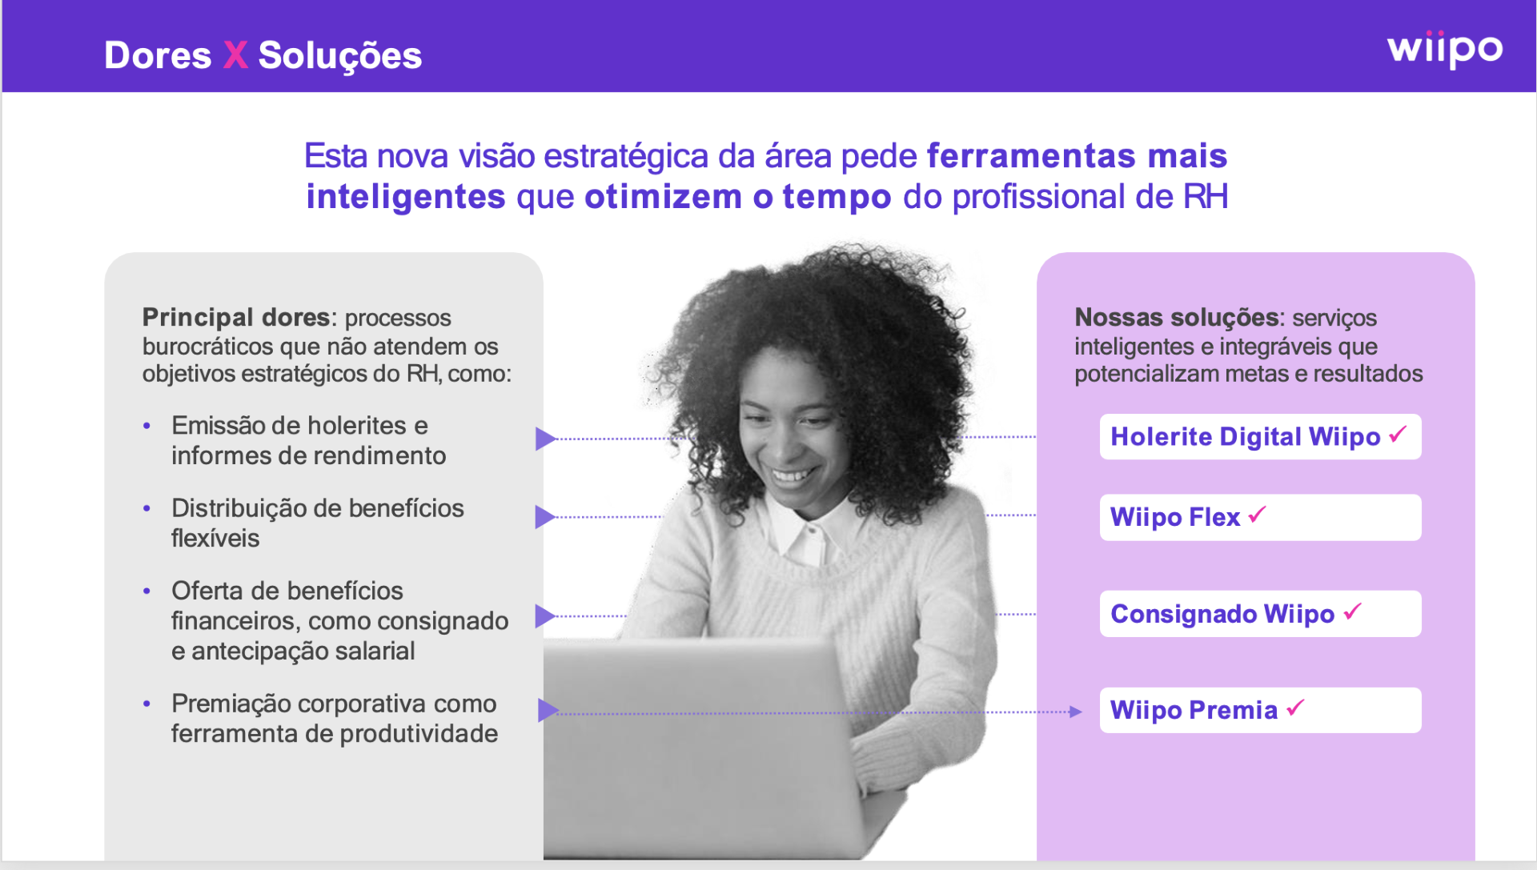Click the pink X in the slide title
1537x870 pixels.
pyautogui.click(x=235, y=55)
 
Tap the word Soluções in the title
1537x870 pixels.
pyautogui.click(x=340, y=56)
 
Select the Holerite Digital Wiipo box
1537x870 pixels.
pyautogui.click(x=1260, y=437)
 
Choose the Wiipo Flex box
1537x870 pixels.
pyautogui.click(x=1260, y=517)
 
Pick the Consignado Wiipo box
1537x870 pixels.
pyautogui.click(x=1260, y=614)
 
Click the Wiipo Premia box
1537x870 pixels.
pyautogui.click(x=1260, y=710)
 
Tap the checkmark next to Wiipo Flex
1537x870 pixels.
pyautogui.click(x=1257, y=515)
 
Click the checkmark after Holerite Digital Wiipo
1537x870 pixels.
pyautogui.click(x=1398, y=434)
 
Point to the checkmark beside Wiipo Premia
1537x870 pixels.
pyautogui.click(x=1295, y=708)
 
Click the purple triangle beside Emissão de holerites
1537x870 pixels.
pyautogui.click(x=545, y=439)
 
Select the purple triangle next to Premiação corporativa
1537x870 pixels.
pyautogui.click(x=548, y=710)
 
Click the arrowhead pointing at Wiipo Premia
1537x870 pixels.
pyautogui.click(x=1076, y=712)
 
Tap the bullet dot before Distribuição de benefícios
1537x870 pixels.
pyautogui.click(x=146, y=508)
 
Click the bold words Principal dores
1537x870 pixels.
pyautogui.click(x=236, y=318)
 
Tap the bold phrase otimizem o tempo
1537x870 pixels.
pyautogui.click(x=737, y=197)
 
